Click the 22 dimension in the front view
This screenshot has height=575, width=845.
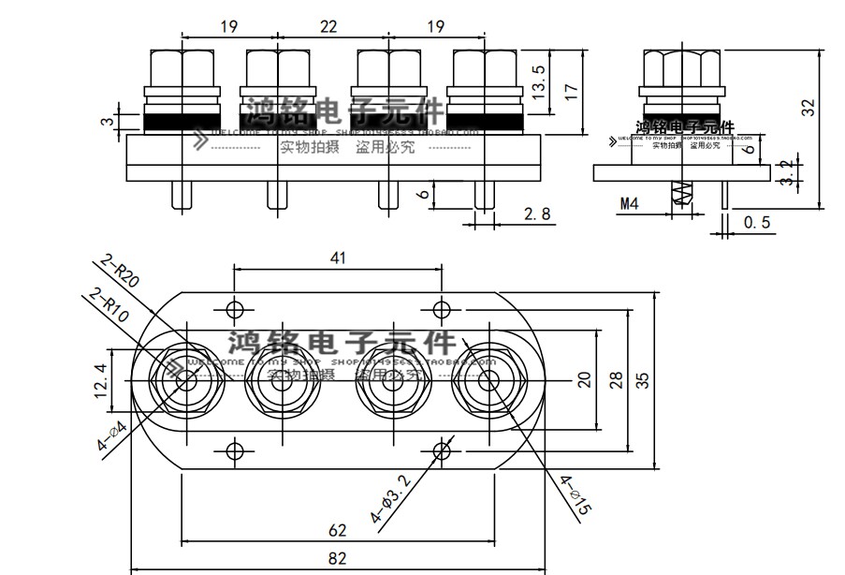[x=328, y=27]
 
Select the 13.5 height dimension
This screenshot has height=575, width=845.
[x=538, y=83]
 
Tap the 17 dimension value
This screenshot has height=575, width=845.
[x=572, y=93]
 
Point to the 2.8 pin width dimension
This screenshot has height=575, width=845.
[x=537, y=214]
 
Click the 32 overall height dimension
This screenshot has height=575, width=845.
[x=809, y=107]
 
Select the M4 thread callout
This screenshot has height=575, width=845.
[x=630, y=203]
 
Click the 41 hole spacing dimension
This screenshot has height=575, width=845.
[x=338, y=258]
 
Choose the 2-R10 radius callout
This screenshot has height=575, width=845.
[x=109, y=309]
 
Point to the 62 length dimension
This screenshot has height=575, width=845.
[x=338, y=531]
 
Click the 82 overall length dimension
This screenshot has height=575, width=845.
[x=338, y=559]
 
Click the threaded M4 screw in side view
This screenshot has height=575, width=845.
[x=681, y=193]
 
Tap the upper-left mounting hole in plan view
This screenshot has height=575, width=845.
[x=234, y=308]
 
